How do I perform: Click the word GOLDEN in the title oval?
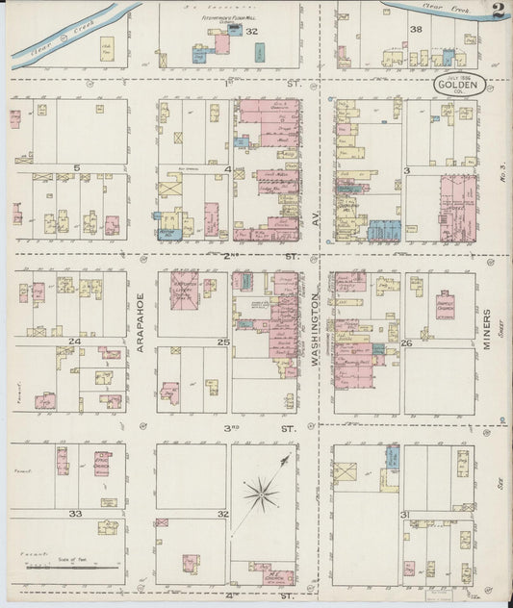(x=456, y=85)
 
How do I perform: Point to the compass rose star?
(x=261, y=495)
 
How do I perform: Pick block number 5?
(x=76, y=167)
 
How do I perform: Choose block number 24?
(x=73, y=342)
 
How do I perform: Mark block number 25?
(x=223, y=342)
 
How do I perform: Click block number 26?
(x=406, y=342)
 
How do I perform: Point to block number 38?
(x=416, y=30)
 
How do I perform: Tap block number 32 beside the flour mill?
(x=252, y=32)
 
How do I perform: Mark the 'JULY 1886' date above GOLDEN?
(x=455, y=75)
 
